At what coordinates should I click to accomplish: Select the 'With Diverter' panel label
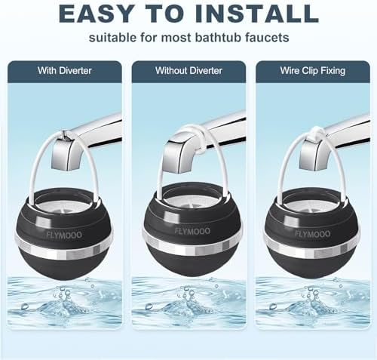click(x=64, y=71)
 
